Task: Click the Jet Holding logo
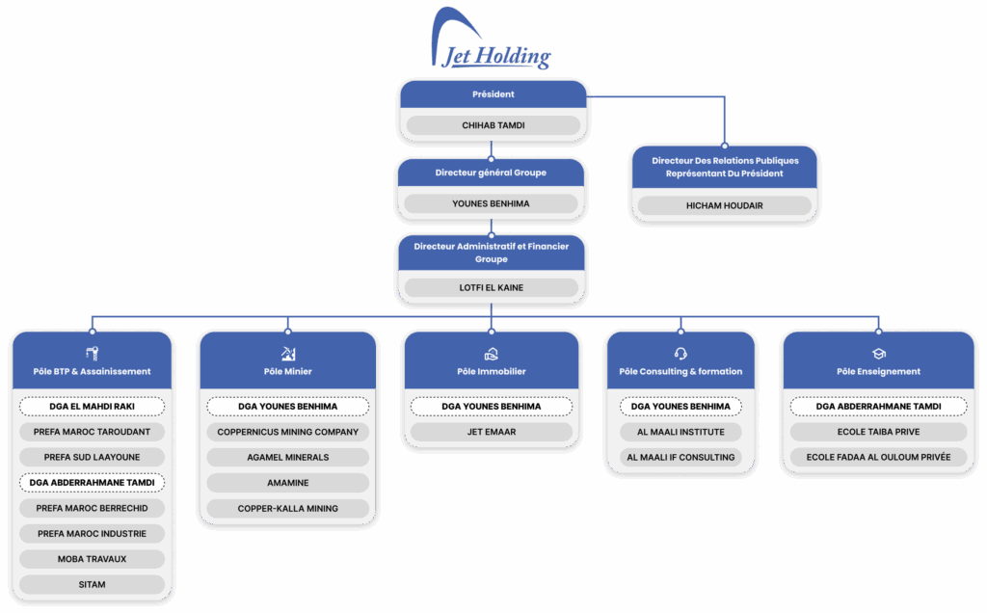pos(492,42)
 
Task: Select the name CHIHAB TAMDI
pos(493,125)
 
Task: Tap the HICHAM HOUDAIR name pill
pos(725,205)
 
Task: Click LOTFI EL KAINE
pos(491,287)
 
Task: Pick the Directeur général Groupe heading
pos(491,173)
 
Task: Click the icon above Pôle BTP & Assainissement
pos(92,353)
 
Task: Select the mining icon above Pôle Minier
pos(287,353)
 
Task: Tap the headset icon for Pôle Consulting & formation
pos(680,353)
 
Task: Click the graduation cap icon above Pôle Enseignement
pos(878,353)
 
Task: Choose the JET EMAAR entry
pos(492,432)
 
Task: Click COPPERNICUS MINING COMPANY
pos(287,432)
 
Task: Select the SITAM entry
pos(92,584)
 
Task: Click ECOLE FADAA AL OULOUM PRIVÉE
pos(878,457)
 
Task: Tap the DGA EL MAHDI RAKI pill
pos(92,407)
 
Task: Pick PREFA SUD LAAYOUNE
pos(92,457)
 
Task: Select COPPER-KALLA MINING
pos(287,508)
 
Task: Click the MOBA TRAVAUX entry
pos(92,559)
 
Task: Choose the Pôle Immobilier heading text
pos(492,371)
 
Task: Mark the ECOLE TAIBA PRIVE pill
pos(878,432)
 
